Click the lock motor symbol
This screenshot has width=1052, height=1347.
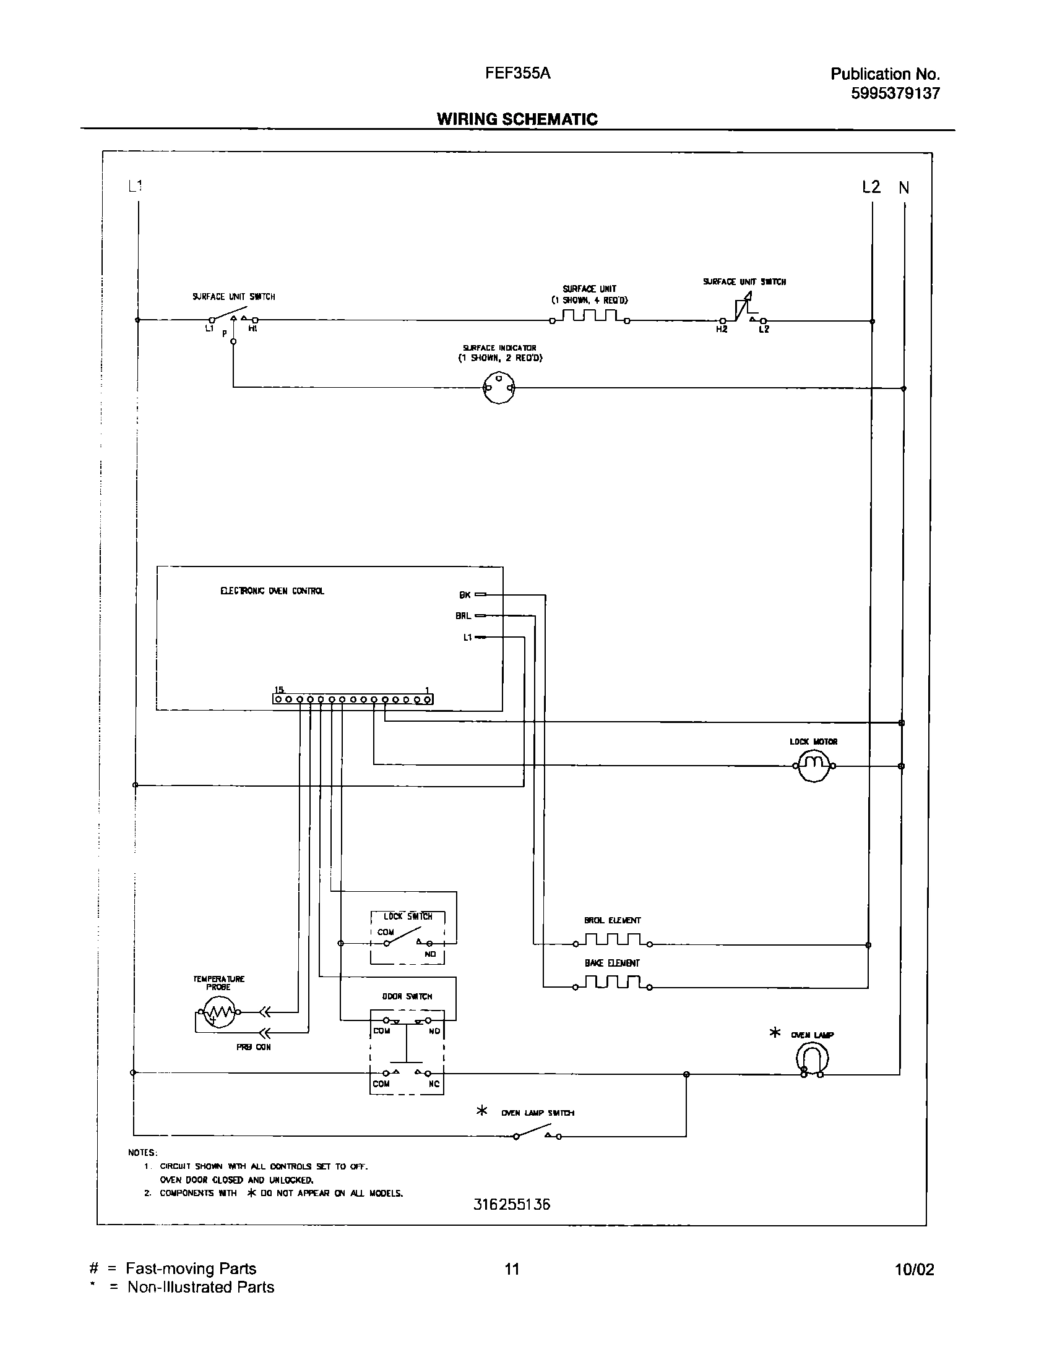[814, 766]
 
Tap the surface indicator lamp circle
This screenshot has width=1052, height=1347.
[498, 388]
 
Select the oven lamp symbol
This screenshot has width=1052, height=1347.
[812, 1059]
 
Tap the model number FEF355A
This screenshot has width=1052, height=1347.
[517, 73]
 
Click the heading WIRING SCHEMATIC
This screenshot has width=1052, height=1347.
[517, 119]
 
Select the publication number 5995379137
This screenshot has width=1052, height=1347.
[895, 93]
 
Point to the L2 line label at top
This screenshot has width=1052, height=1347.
[871, 187]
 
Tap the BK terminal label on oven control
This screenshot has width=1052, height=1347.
[465, 595]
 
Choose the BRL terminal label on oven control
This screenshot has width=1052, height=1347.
[463, 616]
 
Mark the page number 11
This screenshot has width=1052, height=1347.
[512, 1269]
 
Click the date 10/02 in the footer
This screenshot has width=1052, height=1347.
[914, 1270]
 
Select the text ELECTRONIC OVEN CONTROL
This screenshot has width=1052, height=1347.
[272, 591]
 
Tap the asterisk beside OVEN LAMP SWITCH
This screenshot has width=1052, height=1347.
[481, 1110]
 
